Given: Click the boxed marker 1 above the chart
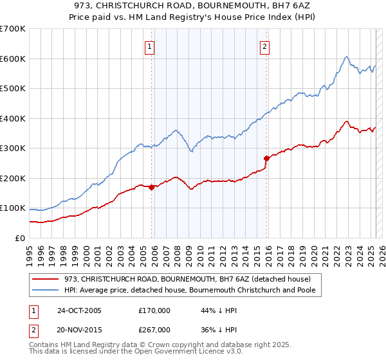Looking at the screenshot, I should point(149,46).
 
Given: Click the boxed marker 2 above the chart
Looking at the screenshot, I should point(265,46).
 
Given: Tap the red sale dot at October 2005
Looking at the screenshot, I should point(152,187).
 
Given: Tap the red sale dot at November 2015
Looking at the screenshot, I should point(267,158).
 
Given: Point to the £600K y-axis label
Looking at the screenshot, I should point(13,59).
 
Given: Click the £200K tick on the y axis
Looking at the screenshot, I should point(13,178).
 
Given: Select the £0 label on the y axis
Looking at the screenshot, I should point(19,238).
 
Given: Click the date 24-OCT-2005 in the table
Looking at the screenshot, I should point(79,310).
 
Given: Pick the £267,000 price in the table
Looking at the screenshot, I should point(154,329).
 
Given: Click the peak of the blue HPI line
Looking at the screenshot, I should point(346,57).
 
